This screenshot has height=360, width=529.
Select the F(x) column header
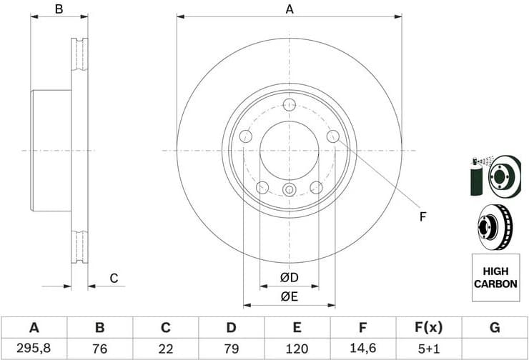pos(428,328)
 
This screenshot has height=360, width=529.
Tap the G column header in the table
pos(494,328)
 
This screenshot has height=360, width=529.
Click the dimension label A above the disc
pos(290,9)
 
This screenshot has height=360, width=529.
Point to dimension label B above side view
pos(59,9)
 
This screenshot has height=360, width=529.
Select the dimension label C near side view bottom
pos(113,279)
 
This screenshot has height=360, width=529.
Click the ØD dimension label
pos(289,277)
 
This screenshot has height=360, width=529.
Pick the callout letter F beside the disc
pos(422,215)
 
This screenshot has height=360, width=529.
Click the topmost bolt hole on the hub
pos(290,106)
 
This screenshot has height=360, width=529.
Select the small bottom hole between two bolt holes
pos(289,189)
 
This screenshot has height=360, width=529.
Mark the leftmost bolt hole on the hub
pos(245,136)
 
